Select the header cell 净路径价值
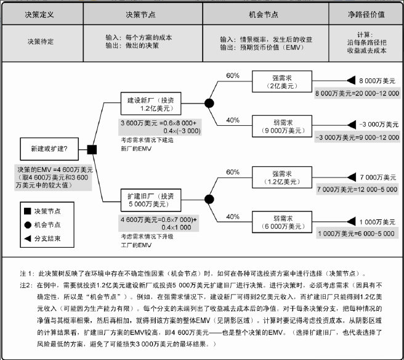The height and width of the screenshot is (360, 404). tap(366, 14)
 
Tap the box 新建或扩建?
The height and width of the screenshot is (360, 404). tap(49, 149)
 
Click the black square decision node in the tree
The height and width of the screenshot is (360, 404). tap(92, 150)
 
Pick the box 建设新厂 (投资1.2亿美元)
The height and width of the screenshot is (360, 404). tap(151, 104)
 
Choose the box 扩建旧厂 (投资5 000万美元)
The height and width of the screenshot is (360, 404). tap(151, 200)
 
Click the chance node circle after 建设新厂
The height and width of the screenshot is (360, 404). tap(209, 103)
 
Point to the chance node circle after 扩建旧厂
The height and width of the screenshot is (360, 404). tap(209, 199)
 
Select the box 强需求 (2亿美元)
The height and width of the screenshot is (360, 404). tap(282, 81)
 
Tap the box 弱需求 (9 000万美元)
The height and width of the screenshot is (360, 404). tap(282, 126)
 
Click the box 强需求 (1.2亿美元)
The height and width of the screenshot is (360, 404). tap(282, 178)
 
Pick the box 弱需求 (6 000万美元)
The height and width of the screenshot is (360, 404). tap(282, 222)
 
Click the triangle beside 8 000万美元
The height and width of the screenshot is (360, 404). tap(351, 81)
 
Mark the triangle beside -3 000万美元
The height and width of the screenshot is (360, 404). tap(352, 125)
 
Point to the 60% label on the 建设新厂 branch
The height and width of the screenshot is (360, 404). tap(233, 76)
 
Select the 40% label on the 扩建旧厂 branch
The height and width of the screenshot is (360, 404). tap(233, 216)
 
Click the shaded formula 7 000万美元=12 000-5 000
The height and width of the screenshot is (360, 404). tap(357, 189)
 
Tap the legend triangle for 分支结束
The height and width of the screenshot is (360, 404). tap(28, 239)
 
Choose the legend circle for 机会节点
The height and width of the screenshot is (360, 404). tap(28, 225)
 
